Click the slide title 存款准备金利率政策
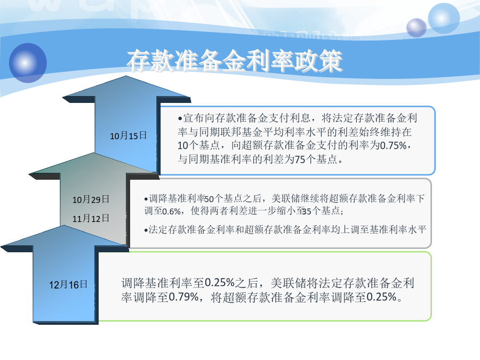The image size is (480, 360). pyautogui.click(x=235, y=61)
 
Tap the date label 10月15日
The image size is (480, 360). pyautogui.click(x=128, y=135)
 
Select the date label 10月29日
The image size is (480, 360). pyautogui.click(x=91, y=199)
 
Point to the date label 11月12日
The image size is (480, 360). pyautogui.click(x=91, y=218)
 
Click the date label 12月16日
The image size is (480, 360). pyautogui.click(x=68, y=285)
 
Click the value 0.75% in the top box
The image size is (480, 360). pyautogui.click(x=394, y=146)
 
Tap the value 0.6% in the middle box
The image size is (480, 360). pyautogui.click(x=171, y=211)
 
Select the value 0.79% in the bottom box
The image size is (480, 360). pyautogui.click(x=183, y=297)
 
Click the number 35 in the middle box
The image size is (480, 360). pyautogui.click(x=307, y=211)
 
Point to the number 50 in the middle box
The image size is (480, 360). pyautogui.click(x=209, y=199)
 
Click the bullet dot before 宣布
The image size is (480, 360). pyautogui.click(x=180, y=118)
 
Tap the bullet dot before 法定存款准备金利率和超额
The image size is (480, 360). pyautogui.click(x=146, y=230)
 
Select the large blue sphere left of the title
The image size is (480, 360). pyautogui.click(x=28, y=63)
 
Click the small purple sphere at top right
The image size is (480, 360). pyautogui.click(x=417, y=28)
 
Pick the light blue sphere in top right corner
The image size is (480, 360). pyautogui.click(x=444, y=18)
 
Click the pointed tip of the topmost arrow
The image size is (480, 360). pyautogui.click(x=126, y=76)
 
